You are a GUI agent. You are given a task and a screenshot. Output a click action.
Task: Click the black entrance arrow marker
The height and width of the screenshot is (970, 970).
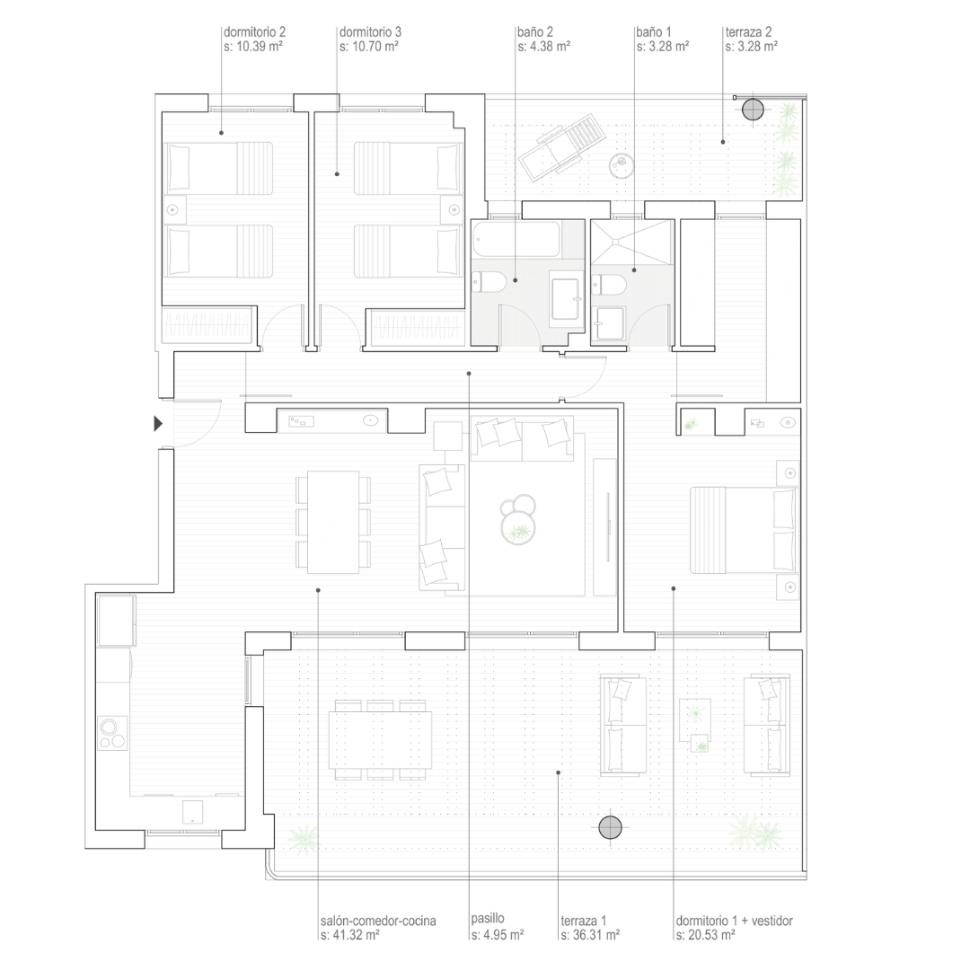click(x=158, y=424)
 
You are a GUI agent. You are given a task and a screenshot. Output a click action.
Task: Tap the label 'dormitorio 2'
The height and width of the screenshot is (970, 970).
click(x=254, y=31)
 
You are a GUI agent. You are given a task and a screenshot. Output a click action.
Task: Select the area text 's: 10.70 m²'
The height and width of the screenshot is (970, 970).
click(x=369, y=46)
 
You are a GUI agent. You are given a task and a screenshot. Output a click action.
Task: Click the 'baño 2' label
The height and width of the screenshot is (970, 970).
click(x=535, y=31)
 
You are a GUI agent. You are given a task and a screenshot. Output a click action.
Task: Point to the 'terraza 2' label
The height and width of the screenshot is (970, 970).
click(x=748, y=31)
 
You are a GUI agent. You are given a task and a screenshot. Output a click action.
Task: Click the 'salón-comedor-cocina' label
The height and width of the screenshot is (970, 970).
click(x=378, y=921)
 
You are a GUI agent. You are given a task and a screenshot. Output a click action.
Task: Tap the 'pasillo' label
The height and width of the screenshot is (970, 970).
click(x=488, y=919)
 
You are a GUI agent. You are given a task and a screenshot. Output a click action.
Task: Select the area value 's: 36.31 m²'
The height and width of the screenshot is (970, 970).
click(x=590, y=935)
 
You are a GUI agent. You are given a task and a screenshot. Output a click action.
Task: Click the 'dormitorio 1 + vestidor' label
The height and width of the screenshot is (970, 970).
click(x=735, y=921)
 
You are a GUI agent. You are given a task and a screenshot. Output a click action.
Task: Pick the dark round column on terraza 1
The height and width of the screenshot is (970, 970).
click(x=610, y=828)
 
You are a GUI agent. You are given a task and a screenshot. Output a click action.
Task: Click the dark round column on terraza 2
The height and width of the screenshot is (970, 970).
click(x=753, y=110)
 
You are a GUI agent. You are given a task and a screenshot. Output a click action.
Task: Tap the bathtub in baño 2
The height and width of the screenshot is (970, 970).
click(x=516, y=239)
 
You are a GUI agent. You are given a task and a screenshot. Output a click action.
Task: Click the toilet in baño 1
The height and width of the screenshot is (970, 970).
click(x=609, y=286)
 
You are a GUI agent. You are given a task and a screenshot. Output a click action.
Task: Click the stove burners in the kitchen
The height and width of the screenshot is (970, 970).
click(x=112, y=733)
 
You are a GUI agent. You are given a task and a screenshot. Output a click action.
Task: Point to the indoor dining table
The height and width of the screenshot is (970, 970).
click(x=333, y=522)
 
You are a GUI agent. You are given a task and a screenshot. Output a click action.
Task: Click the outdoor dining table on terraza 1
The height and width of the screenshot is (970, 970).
click(x=380, y=740)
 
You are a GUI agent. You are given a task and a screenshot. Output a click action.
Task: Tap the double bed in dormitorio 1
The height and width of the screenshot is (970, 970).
click(x=743, y=530)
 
